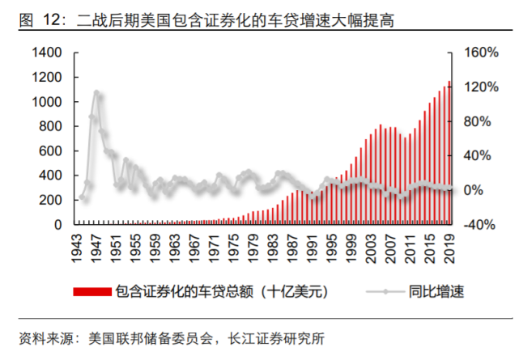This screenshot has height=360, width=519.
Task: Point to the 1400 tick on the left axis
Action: [x=48, y=53]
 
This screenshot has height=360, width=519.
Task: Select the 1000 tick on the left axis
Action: [x=48, y=102]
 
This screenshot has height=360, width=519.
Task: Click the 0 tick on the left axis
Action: [x=58, y=225]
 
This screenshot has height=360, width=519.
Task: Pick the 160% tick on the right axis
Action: [x=476, y=53]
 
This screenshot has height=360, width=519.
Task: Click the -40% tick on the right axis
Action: [x=476, y=225]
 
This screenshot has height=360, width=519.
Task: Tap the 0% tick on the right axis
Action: [x=473, y=190]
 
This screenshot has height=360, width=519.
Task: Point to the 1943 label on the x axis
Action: [x=81, y=246]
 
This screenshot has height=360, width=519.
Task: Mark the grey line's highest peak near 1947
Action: [x=96, y=92]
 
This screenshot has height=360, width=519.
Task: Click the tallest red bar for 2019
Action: [x=450, y=154]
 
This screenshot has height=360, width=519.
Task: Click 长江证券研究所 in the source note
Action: [x=277, y=338]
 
